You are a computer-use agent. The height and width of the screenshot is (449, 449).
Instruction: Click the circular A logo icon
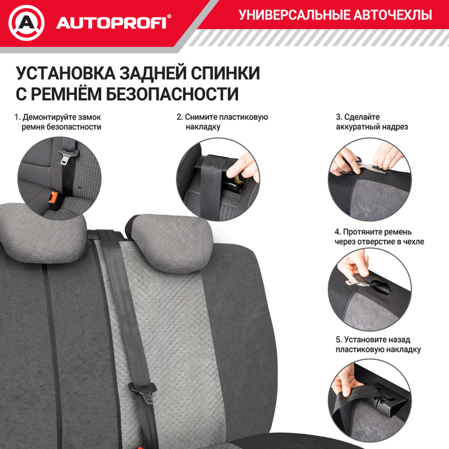coord(27,23)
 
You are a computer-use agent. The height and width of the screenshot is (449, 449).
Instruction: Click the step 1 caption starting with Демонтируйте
coord(57,117)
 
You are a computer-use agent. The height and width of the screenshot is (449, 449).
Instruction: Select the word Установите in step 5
coord(362,340)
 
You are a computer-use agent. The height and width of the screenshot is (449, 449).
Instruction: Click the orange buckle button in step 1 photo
coord(53,198)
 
